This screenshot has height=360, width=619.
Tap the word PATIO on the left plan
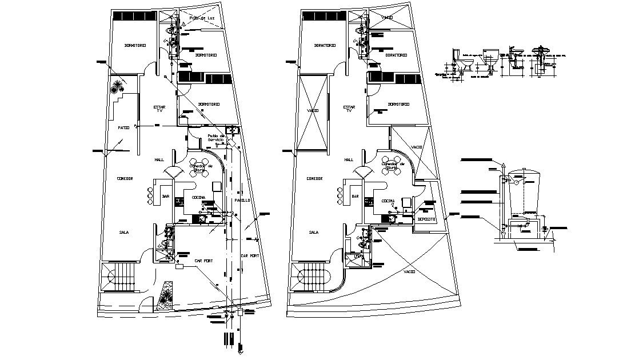(123, 127)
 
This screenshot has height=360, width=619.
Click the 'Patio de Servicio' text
(217, 138)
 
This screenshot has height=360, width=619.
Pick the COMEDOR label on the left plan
(125, 178)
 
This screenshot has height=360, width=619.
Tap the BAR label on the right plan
(354, 196)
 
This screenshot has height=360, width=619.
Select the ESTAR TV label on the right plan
(349, 109)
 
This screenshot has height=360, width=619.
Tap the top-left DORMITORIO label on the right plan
(324, 45)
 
